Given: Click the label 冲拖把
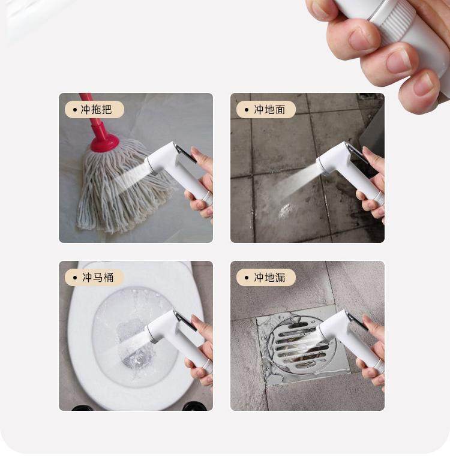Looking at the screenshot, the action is pos(96,110).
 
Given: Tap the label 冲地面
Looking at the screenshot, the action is pos(269,110).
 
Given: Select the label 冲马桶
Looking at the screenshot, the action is pos(98,277).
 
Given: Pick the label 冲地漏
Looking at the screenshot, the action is pos(269,277).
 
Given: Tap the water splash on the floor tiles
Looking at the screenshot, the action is pos(284,211).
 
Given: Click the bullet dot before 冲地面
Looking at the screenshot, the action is pos(247,110).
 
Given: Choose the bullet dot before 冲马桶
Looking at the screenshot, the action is pos(75,278).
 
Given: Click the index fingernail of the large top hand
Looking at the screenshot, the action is pos(361,40).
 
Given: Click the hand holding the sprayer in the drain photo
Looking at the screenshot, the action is pos(372,350).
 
